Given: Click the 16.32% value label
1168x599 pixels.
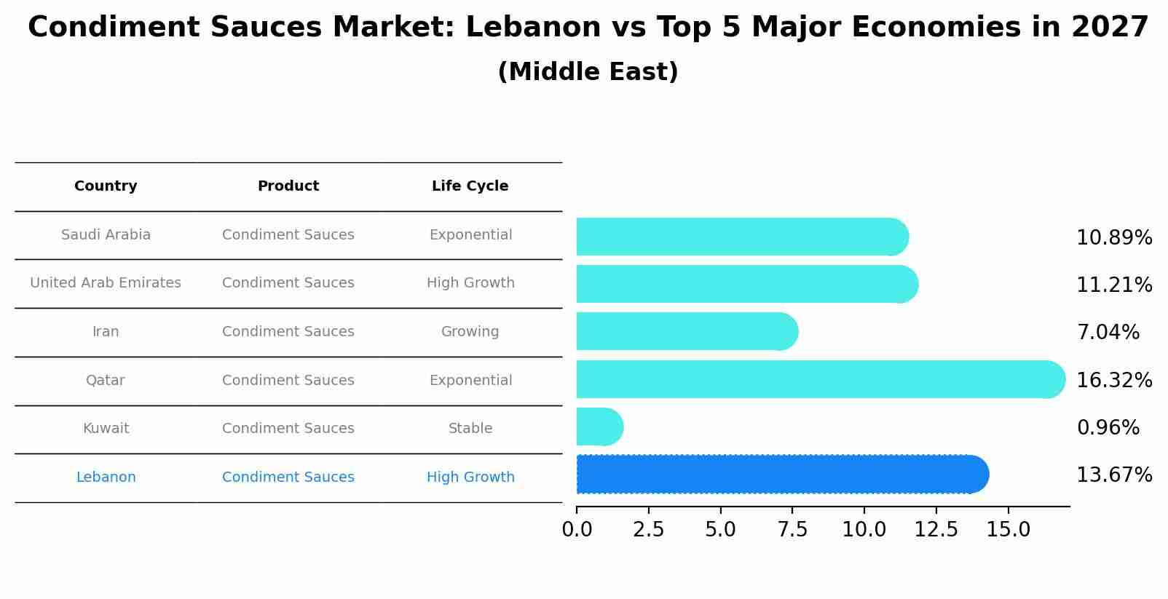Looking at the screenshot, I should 1114,381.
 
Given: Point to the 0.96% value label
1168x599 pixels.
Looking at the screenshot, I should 1108,428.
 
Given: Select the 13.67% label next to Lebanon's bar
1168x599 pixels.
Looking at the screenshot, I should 1114,475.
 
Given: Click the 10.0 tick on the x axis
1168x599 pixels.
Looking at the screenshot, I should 864,530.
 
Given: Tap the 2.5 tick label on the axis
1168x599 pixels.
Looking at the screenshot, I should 648,530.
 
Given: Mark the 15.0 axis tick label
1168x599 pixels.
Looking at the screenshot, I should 1008,530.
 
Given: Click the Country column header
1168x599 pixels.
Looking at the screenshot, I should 106,186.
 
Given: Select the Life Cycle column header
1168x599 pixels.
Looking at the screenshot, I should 470,186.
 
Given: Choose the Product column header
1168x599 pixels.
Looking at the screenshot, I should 288,186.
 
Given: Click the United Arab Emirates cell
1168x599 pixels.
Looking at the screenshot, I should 106,283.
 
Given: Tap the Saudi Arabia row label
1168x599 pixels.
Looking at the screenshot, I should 106,235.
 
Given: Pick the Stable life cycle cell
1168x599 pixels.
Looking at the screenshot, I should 470,429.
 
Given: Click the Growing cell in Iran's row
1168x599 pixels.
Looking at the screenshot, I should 470,332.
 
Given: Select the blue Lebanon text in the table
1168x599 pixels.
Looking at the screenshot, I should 106,477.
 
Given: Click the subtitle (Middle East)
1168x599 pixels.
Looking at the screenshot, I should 588,72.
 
